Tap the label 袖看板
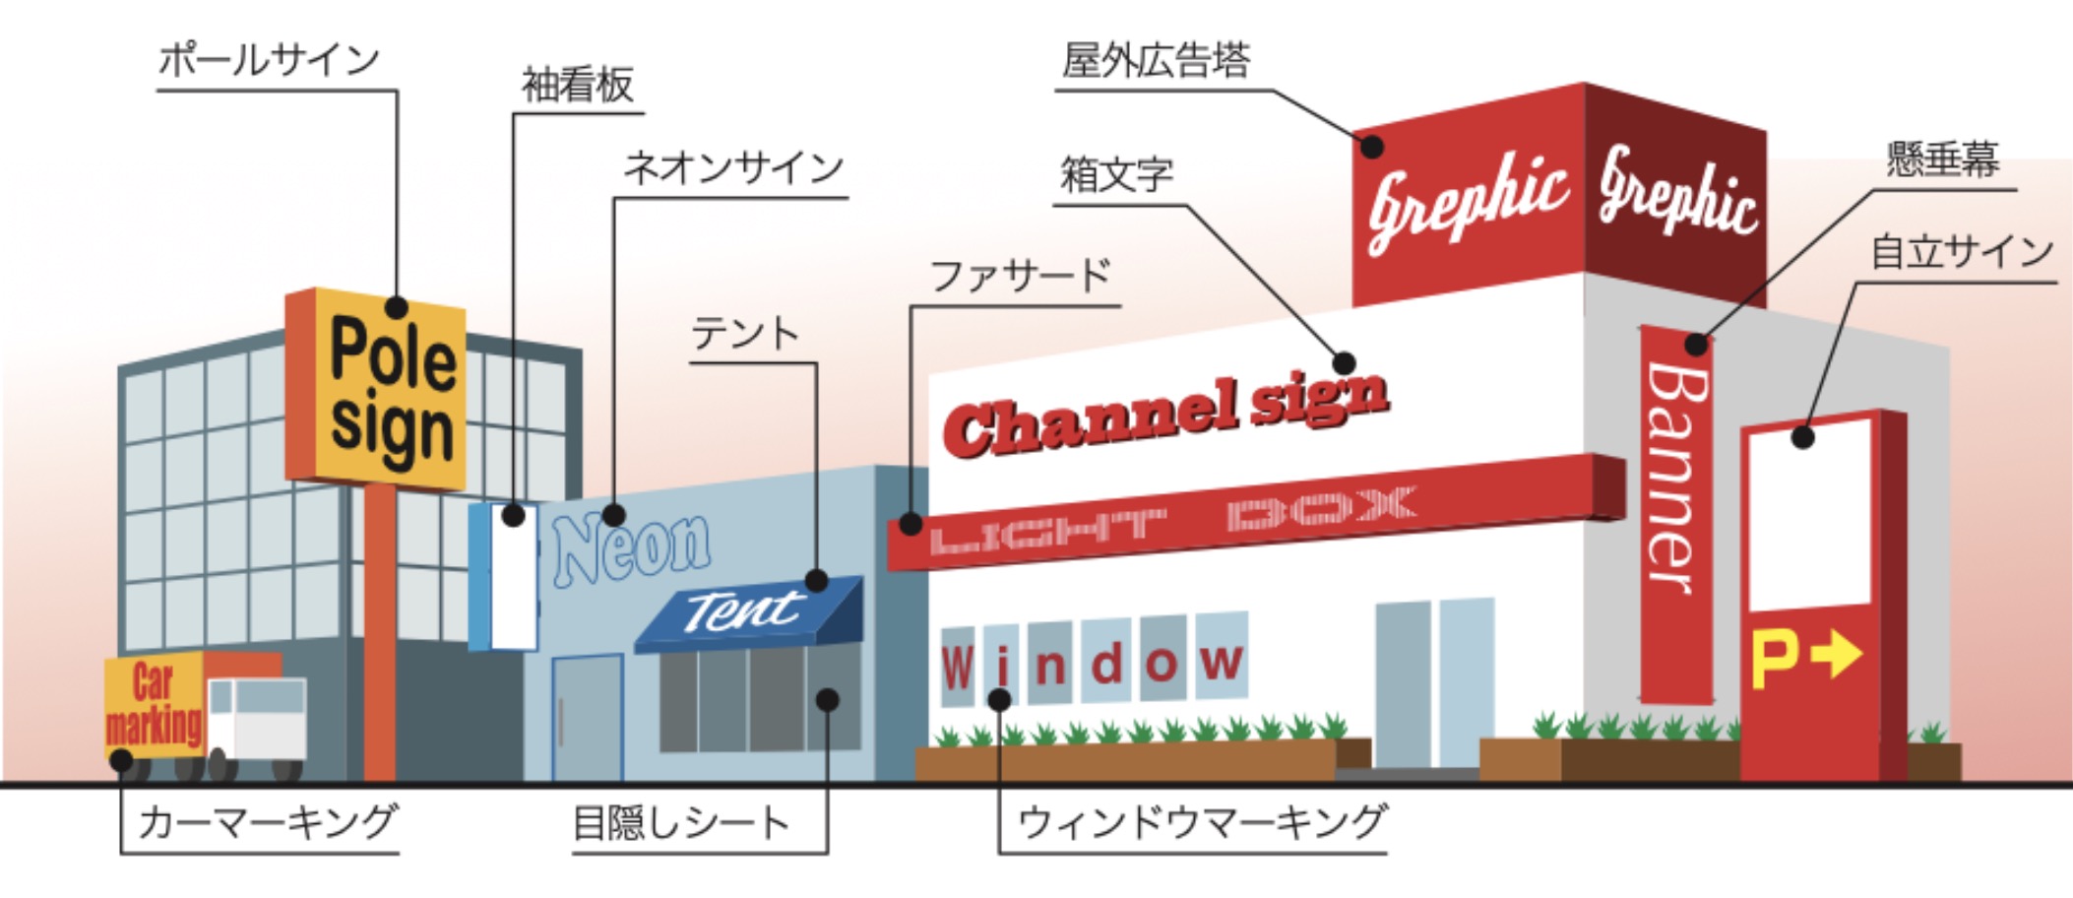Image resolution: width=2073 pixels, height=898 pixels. (577, 86)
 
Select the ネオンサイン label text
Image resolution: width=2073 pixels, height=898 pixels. (733, 168)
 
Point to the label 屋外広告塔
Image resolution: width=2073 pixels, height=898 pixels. (1156, 61)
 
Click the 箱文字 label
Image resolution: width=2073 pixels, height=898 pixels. (1116, 175)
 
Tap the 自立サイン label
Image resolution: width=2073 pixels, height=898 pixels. (1961, 252)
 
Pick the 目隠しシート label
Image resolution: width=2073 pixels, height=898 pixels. (681, 823)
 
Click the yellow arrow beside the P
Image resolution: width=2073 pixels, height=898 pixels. (1837, 654)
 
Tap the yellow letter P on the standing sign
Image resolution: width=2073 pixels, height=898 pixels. (1775, 660)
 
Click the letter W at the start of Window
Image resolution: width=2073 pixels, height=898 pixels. (957, 667)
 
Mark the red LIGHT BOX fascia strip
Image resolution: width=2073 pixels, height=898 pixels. (1250, 514)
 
